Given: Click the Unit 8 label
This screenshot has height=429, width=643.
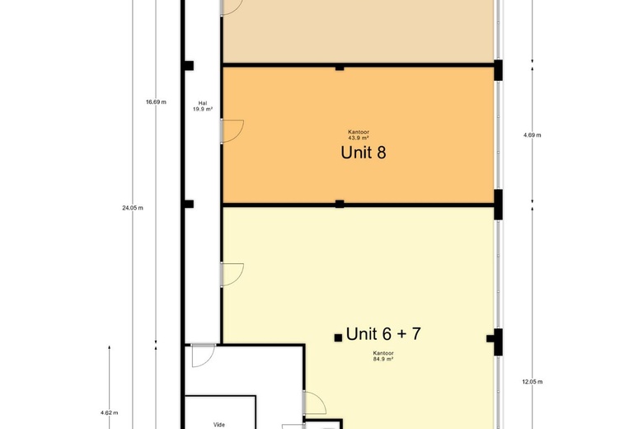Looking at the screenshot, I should click(364, 153).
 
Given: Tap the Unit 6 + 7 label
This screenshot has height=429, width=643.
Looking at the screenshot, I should click(383, 334).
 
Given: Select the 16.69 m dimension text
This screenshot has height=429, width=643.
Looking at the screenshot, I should click(156, 101).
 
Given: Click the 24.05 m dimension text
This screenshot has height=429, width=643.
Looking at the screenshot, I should click(133, 208).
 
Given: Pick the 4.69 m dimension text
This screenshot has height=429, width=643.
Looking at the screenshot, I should click(532, 134).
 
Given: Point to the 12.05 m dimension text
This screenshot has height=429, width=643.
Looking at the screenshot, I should click(532, 382).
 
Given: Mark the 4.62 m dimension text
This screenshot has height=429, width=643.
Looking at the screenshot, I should click(109, 412).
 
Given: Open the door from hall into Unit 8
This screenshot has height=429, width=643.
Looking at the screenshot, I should click(232, 130).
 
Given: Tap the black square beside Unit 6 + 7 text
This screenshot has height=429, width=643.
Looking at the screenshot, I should click(338, 337).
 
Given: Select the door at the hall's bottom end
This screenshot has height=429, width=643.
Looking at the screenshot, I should click(202, 355).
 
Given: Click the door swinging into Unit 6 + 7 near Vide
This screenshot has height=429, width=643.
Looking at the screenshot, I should click(314, 403).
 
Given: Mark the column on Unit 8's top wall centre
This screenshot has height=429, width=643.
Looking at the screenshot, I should click(339, 67).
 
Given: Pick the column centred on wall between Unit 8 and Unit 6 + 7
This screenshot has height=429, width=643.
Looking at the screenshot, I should click(339, 204).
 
